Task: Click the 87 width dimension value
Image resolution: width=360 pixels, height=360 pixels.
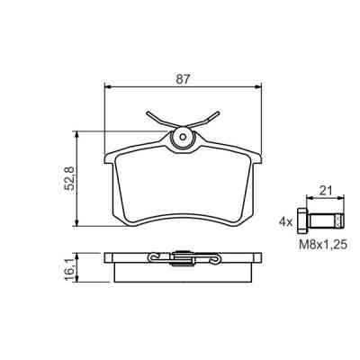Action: (184, 79)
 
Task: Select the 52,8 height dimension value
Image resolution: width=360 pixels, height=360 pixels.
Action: (70, 178)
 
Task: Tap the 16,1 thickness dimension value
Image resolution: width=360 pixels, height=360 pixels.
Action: (70, 268)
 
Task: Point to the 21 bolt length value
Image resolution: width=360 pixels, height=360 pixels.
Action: (325, 191)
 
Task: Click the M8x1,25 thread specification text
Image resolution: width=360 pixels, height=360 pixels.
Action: (323, 245)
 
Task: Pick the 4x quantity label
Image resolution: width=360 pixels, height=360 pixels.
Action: (285, 222)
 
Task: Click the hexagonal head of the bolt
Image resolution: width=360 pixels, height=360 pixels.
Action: (301, 220)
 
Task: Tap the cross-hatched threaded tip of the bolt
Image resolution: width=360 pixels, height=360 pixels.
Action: (339, 220)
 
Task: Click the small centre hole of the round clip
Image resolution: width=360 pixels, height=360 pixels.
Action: (183, 137)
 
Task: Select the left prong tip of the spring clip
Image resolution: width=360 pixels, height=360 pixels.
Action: (148, 113)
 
